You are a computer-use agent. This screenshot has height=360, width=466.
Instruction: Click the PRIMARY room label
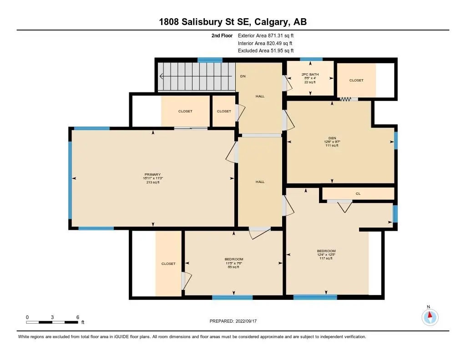click(x=153, y=174)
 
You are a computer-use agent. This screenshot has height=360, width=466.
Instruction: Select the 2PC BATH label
click(x=310, y=74)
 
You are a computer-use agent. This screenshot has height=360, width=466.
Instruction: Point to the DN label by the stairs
click(x=243, y=76)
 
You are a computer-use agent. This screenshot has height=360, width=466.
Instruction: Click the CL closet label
click(x=358, y=193)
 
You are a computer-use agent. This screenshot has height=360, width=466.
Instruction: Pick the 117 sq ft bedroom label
click(x=326, y=258)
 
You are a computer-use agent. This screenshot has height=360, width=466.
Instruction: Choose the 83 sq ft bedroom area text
click(x=233, y=267)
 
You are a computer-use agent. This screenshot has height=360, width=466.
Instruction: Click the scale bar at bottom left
click(x=52, y=322)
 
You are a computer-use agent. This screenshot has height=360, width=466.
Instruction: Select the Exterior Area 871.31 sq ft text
click(x=269, y=35)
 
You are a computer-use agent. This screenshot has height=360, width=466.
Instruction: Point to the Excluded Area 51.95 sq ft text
click(x=266, y=51)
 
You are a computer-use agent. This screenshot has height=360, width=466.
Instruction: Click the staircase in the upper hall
click(x=196, y=76)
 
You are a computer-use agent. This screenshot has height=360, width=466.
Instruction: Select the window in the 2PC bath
click(x=311, y=59)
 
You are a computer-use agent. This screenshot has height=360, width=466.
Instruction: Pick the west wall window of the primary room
click(x=70, y=180)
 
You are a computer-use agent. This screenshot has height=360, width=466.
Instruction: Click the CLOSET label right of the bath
click(x=356, y=80)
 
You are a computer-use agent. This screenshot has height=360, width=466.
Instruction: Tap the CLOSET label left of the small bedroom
click(x=168, y=264)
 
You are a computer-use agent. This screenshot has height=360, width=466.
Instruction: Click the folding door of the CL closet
click(x=345, y=206)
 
